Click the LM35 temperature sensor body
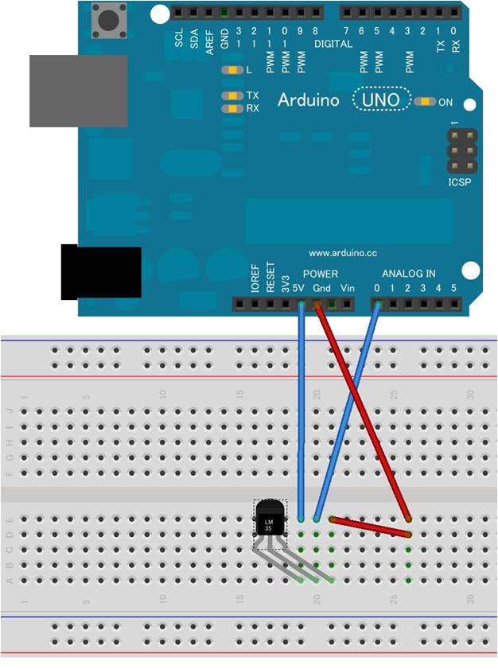(269, 521)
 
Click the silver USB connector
(78, 91)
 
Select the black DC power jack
(101, 273)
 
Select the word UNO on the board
(382, 100)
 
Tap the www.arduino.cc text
(342, 253)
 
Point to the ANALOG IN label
(408, 274)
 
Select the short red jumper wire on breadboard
(370, 526)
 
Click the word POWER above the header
(321, 274)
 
